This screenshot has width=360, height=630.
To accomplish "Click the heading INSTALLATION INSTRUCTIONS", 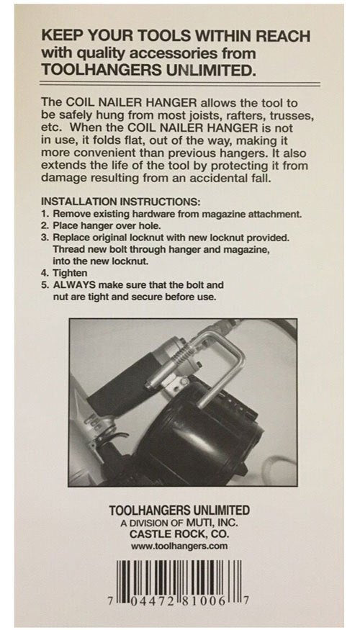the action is coord(121,202).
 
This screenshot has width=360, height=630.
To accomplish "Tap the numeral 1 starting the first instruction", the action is coord(44,214).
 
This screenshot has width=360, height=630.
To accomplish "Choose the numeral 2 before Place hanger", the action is coord(45,225).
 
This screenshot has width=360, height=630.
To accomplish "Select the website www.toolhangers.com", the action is coord(179,546).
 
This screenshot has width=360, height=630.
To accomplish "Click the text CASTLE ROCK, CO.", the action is coord(179,534).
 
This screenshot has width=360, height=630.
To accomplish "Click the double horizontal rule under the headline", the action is coord(180,84).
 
